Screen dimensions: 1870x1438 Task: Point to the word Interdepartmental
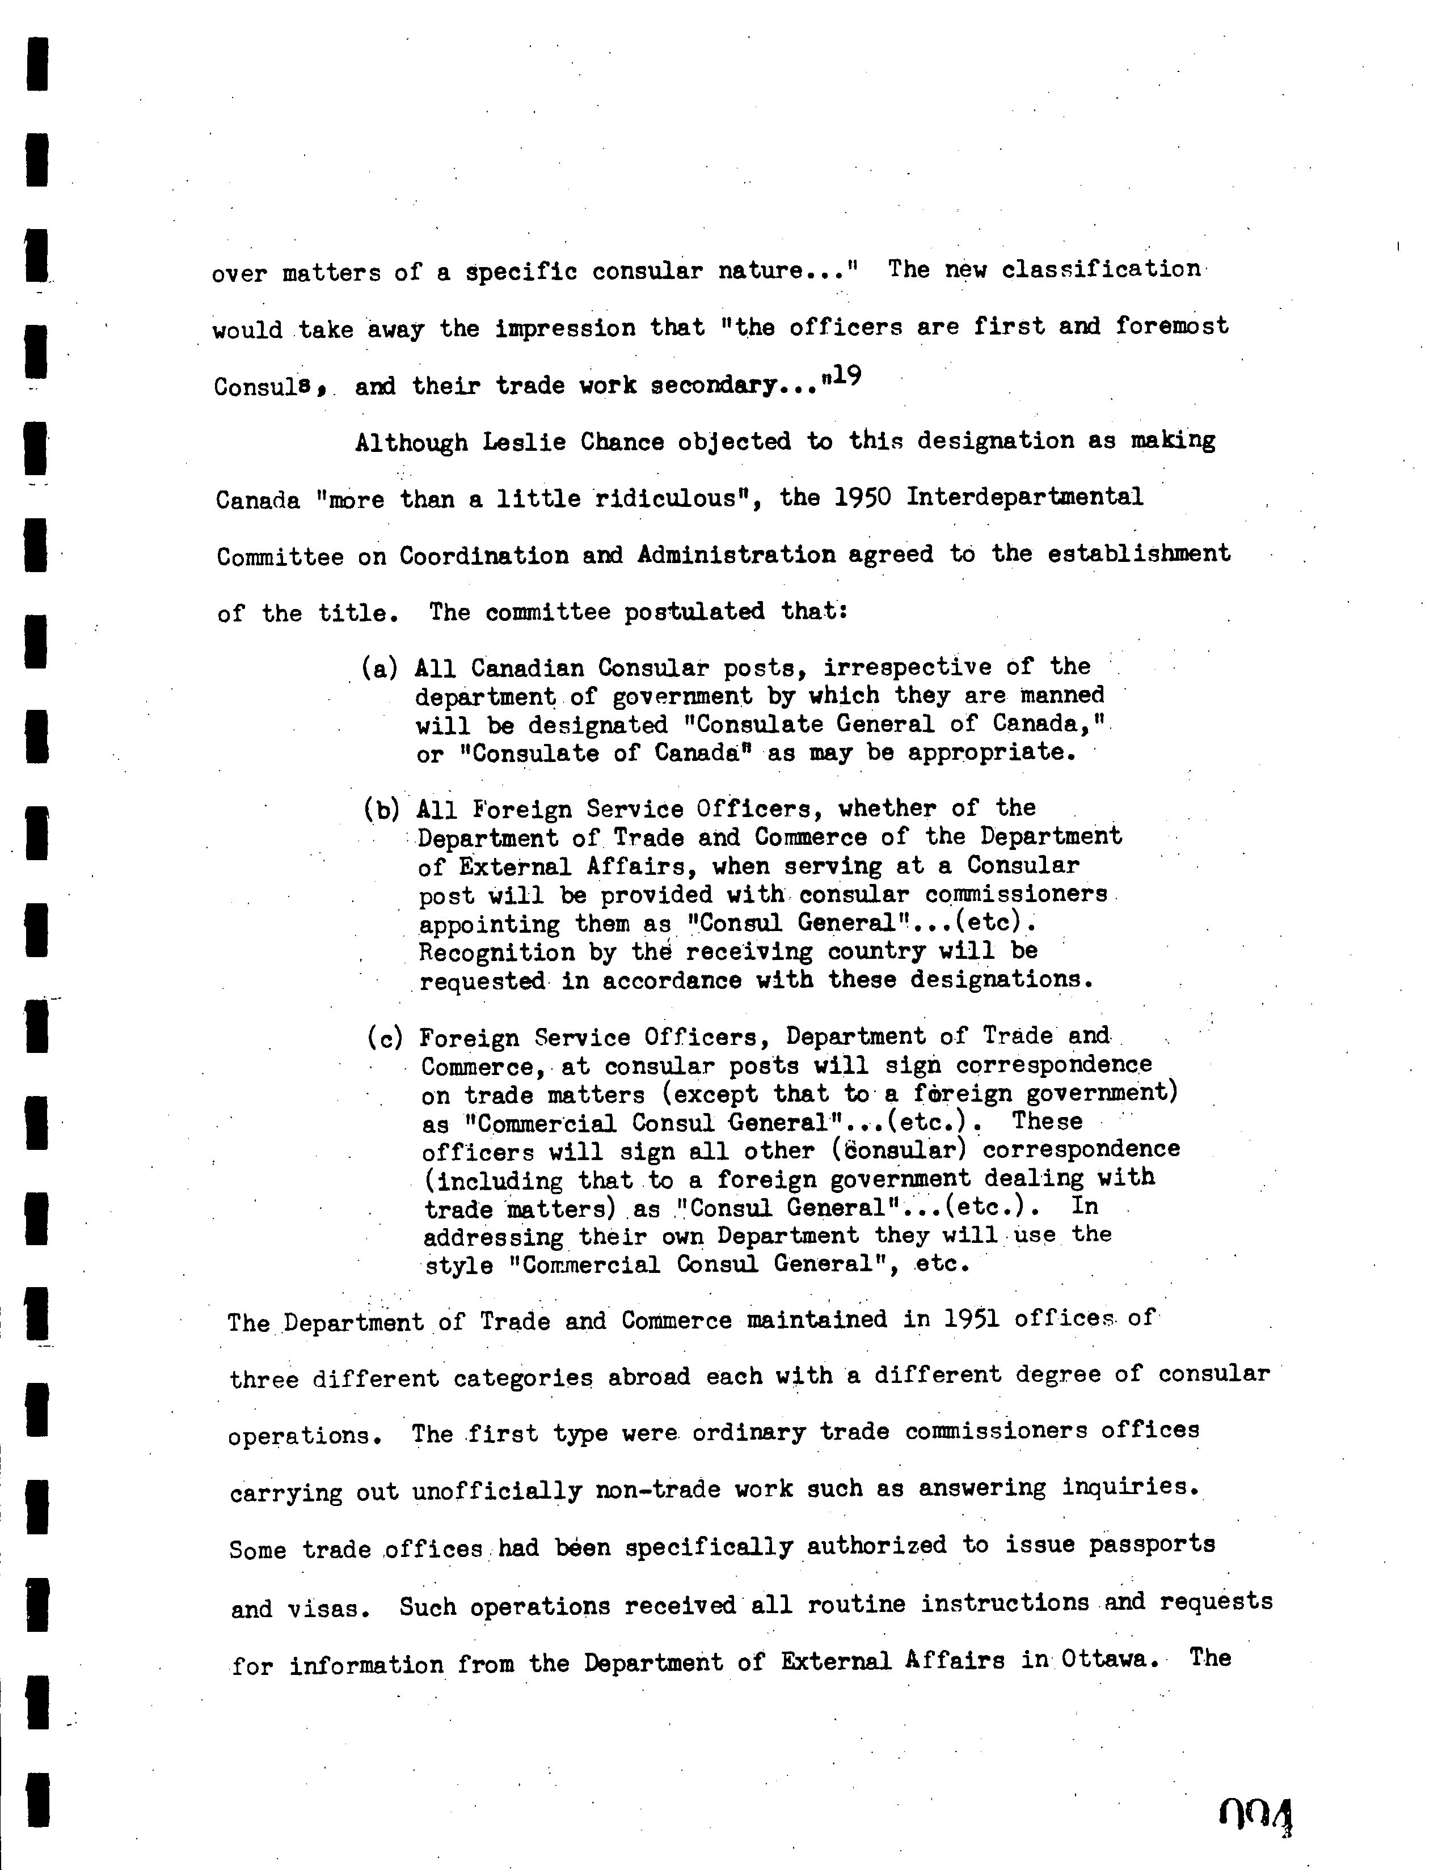1024,496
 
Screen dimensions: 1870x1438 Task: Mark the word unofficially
496,1491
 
